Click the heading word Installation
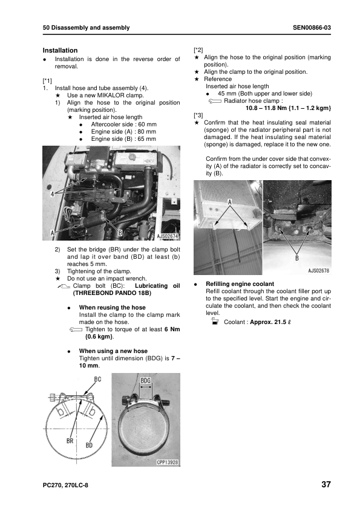coord(60,50)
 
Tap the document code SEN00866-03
coord(312,28)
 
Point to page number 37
coord(326,484)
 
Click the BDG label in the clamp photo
coord(146,380)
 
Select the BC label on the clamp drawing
coord(97,379)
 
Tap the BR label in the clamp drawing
coord(70,441)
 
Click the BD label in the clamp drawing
coord(89,445)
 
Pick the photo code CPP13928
coord(168,462)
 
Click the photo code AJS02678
coord(318,270)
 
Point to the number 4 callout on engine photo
coord(52,194)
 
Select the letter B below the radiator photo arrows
coord(296,258)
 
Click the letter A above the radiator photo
coord(230,203)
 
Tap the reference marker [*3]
coord(198,115)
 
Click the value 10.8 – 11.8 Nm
coord(266,108)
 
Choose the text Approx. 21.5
coord(268,322)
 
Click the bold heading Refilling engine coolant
coord(240,284)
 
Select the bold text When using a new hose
coord(113,351)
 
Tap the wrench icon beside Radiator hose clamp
coord(215,102)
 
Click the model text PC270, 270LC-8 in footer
coord(65,485)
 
